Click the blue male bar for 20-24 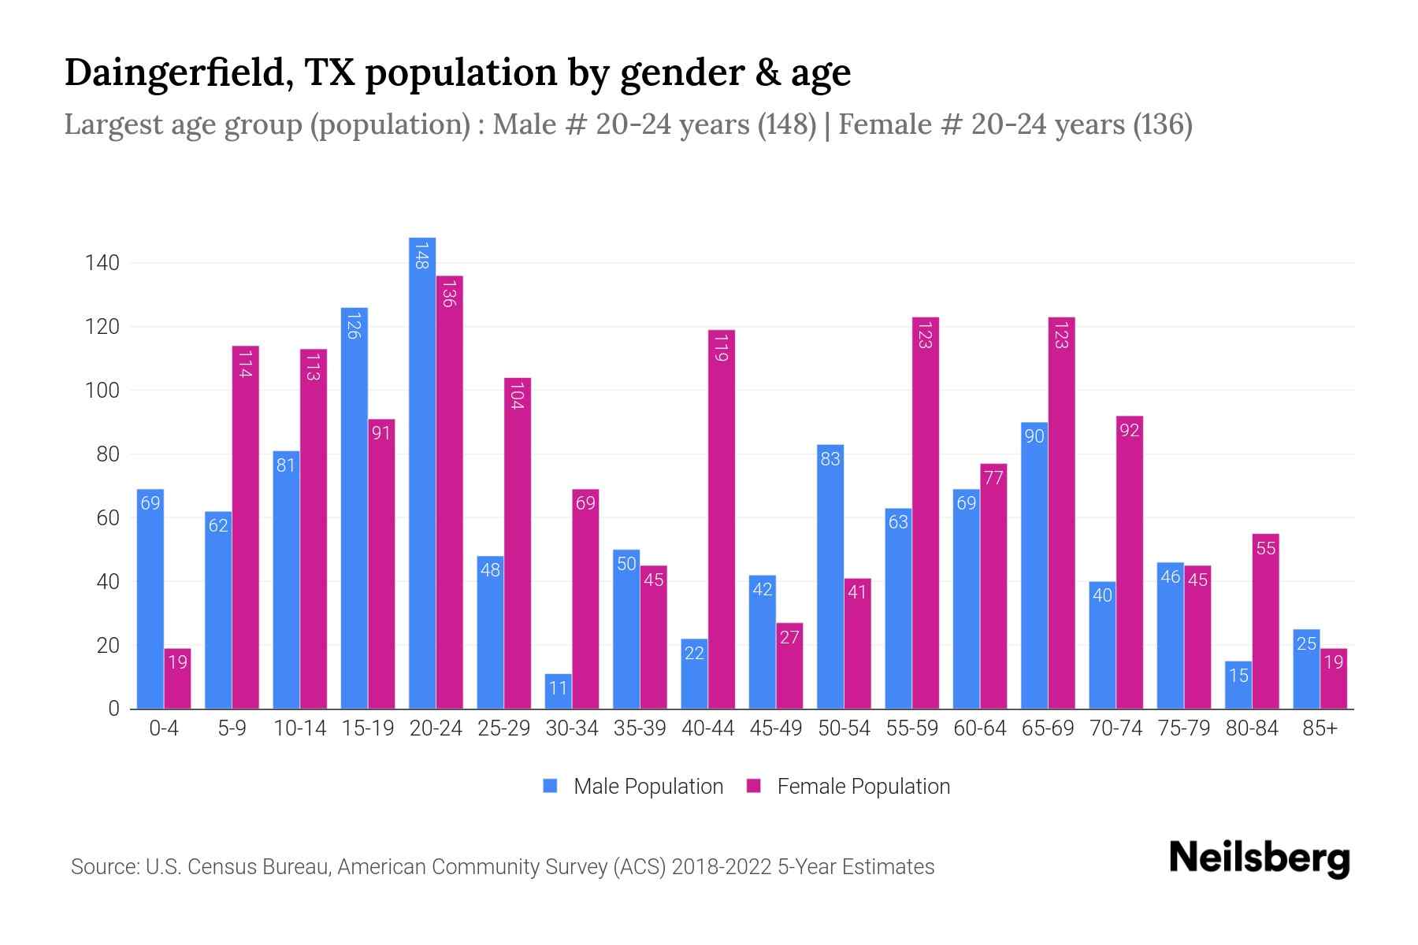coord(422,472)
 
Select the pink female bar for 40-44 coord(721,520)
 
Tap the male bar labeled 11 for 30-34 coord(558,691)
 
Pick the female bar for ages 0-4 coord(177,678)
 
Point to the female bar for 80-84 coord(1265,621)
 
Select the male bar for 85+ coord(1305,669)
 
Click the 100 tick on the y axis coord(102,391)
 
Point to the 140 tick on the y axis coord(102,263)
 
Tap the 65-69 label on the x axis coord(1047,728)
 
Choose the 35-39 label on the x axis coord(640,728)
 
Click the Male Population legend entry coord(647,787)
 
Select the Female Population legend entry coord(863,787)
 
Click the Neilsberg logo coord(1259,858)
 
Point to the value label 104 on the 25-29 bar coord(517,395)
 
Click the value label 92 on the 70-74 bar coord(1129,431)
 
